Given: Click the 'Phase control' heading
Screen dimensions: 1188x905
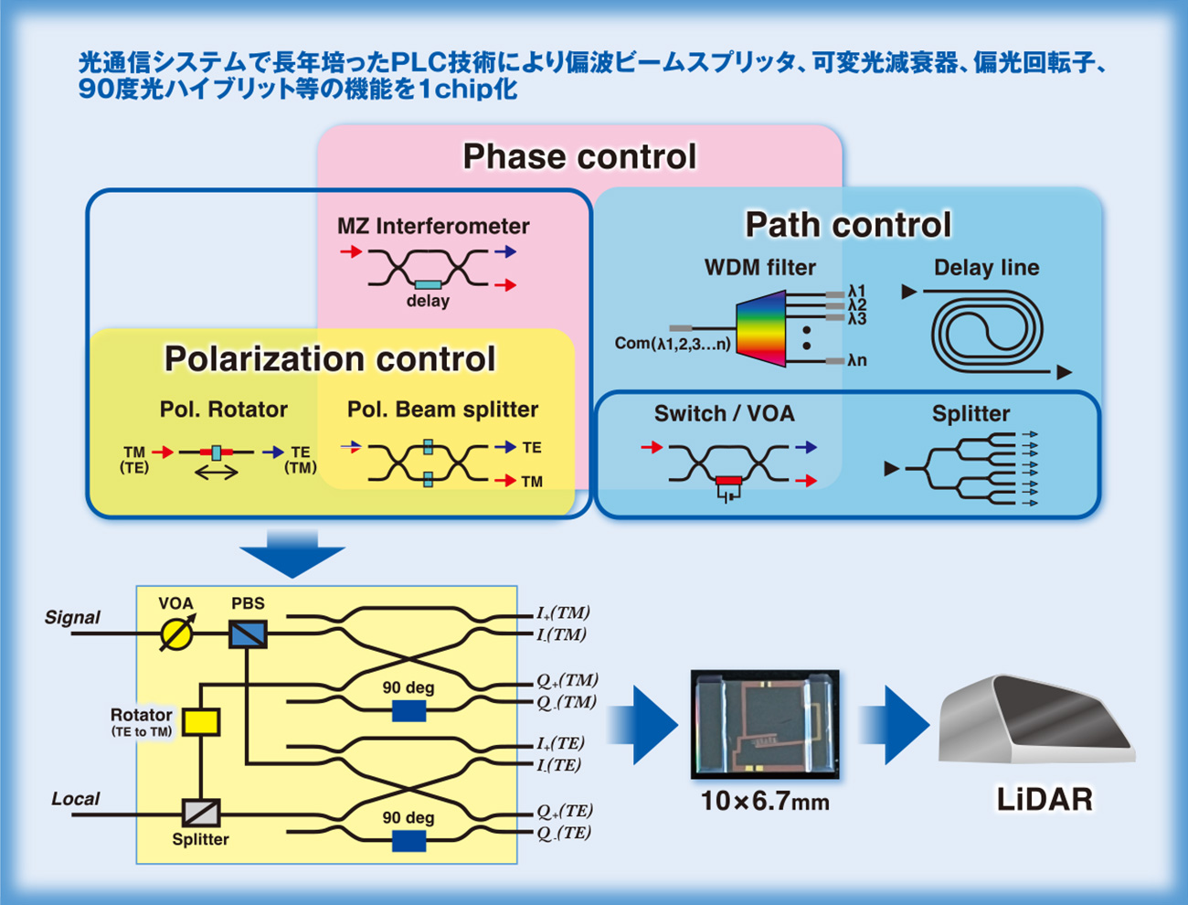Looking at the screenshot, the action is pos(579,157).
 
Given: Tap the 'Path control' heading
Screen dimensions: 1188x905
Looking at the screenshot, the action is pos(848,224).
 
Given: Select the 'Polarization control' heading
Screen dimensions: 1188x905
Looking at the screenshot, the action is pos(330,358).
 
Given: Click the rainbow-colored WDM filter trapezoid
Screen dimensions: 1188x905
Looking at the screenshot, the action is pos(760,328).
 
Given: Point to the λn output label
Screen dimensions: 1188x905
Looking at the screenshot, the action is pos(857,360).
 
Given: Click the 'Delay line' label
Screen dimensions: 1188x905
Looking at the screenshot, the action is pos(987,267).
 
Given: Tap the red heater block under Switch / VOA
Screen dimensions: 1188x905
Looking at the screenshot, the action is pos(728,480).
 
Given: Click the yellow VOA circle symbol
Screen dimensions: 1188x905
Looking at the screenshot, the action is pos(176,634).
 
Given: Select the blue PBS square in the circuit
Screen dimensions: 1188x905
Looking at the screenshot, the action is pos(248,634).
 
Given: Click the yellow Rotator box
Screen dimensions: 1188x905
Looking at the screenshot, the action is pos(201,722).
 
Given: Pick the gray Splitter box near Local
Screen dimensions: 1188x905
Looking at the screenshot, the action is pos(201,813).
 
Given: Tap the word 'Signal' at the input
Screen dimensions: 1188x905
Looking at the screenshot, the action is pos(72,617).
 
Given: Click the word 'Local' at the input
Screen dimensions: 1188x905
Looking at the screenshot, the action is pos(76,798).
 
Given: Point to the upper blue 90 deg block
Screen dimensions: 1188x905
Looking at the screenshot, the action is pos(408,711).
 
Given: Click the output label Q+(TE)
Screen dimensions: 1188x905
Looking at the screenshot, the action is pos(565,811).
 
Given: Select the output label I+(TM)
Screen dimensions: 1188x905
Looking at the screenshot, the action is pos(563,612).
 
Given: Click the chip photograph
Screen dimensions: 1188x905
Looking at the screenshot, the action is pos(765,724).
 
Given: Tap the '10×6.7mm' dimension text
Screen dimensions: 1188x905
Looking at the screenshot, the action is pos(765,801).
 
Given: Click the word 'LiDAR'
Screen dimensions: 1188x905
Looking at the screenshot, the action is pos(1045,800).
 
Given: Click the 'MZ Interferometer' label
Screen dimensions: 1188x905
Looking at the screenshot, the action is pos(433,226).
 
